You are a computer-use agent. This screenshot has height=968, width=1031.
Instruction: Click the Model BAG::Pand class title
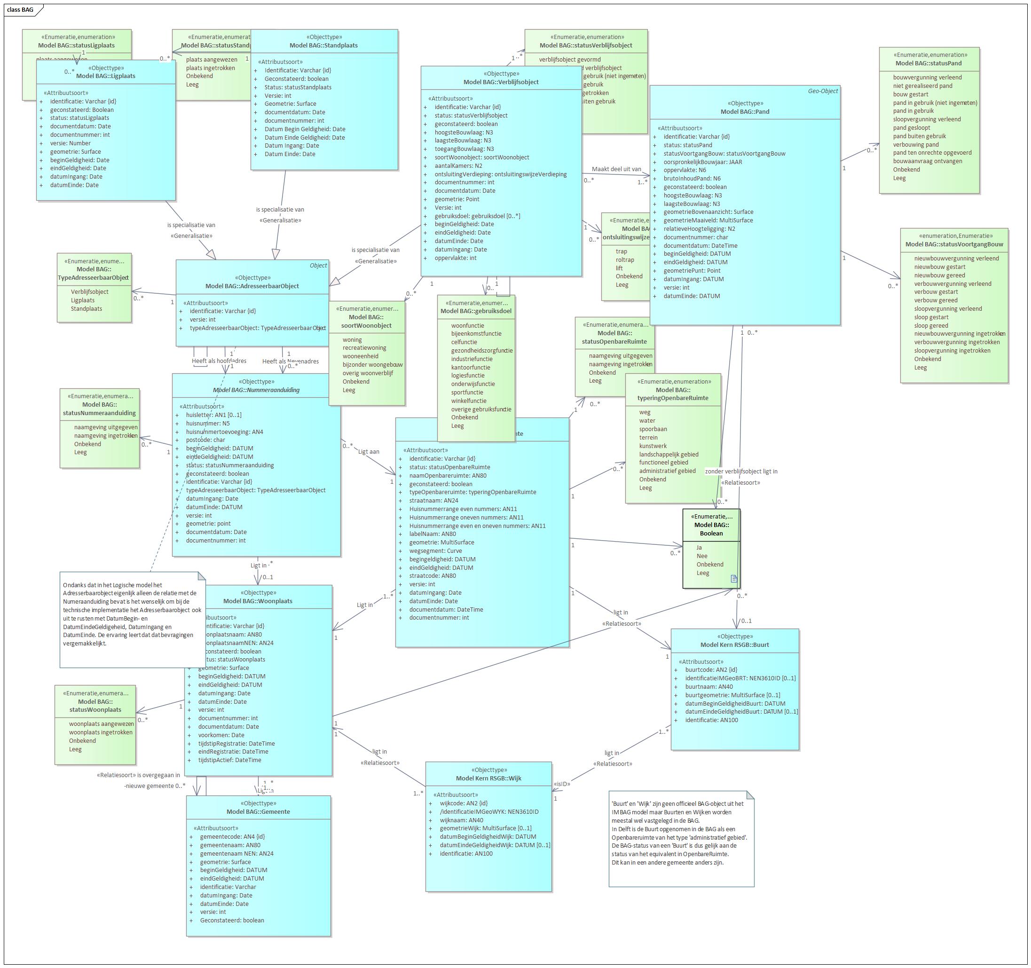click(x=745, y=111)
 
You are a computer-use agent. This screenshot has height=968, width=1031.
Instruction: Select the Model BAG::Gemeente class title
click(x=258, y=811)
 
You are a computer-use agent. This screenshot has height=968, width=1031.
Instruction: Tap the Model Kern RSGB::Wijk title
click(x=488, y=778)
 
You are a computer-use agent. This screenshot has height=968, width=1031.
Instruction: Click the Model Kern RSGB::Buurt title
click(x=734, y=645)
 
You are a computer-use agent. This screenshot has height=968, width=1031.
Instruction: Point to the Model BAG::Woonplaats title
click(x=258, y=601)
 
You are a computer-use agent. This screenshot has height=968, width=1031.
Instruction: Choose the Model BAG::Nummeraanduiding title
click(x=256, y=390)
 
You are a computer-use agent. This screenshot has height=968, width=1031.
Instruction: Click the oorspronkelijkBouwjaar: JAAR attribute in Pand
click(x=703, y=162)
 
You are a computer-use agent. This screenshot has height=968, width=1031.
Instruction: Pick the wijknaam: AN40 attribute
click(x=462, y=820)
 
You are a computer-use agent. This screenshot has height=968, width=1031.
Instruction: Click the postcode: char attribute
click(x=205, y=440)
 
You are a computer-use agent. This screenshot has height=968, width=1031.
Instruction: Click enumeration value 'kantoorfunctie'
click(x=471, y=367)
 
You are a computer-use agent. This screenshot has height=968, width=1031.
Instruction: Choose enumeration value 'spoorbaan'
click(x=653, y=429)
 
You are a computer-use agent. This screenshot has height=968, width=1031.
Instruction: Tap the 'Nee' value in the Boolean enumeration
click(x=702, y=556)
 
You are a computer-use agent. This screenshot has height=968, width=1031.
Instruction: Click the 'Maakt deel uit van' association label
click(x=616, y=169)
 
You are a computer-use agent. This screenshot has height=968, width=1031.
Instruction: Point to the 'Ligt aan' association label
click(x=369, y=452)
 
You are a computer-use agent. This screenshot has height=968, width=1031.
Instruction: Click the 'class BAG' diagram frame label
click(x=20, y=9)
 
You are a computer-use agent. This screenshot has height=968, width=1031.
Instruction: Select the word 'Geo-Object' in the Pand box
click(x=823, y=91)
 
